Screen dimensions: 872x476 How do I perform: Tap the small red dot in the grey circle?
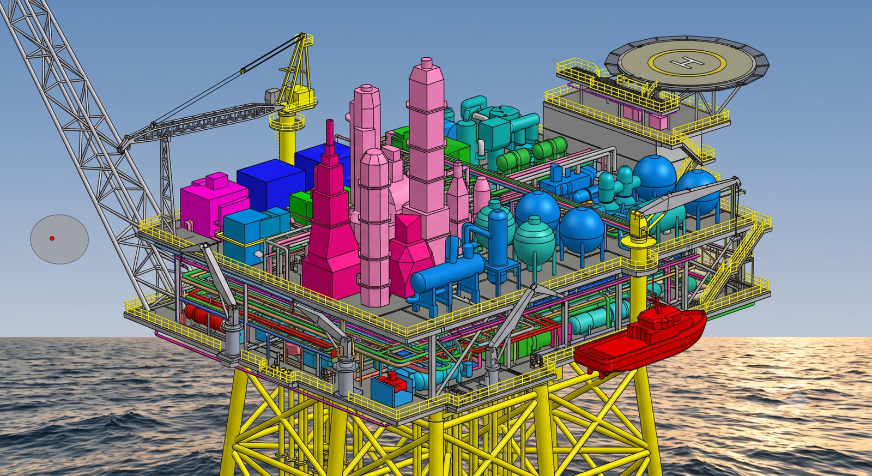click(52, 238)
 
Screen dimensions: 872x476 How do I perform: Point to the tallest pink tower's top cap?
click(427, 64)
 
